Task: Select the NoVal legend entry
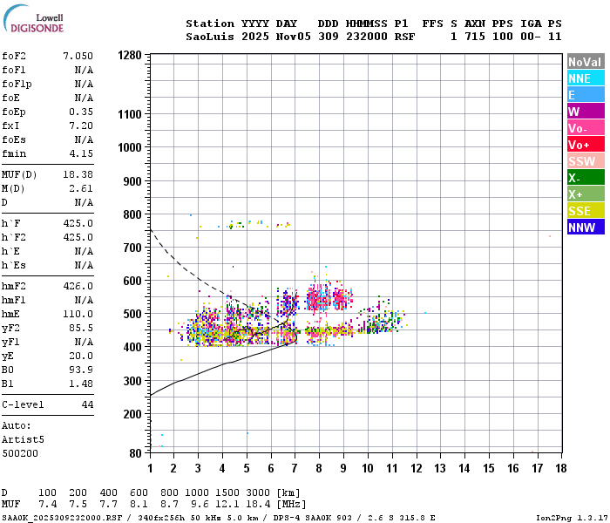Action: tap(586, 62)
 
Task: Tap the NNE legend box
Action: tap(586, 78)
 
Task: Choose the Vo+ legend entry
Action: tap(586, 145)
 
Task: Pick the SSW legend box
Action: tap(586, 161)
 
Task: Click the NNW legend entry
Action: tap(586, 228)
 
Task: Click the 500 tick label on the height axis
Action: tap(132, 314)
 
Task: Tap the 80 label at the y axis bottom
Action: tap(135, 453)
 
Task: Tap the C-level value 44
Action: tap(87, 404)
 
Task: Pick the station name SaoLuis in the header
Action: tap(210, 37)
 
